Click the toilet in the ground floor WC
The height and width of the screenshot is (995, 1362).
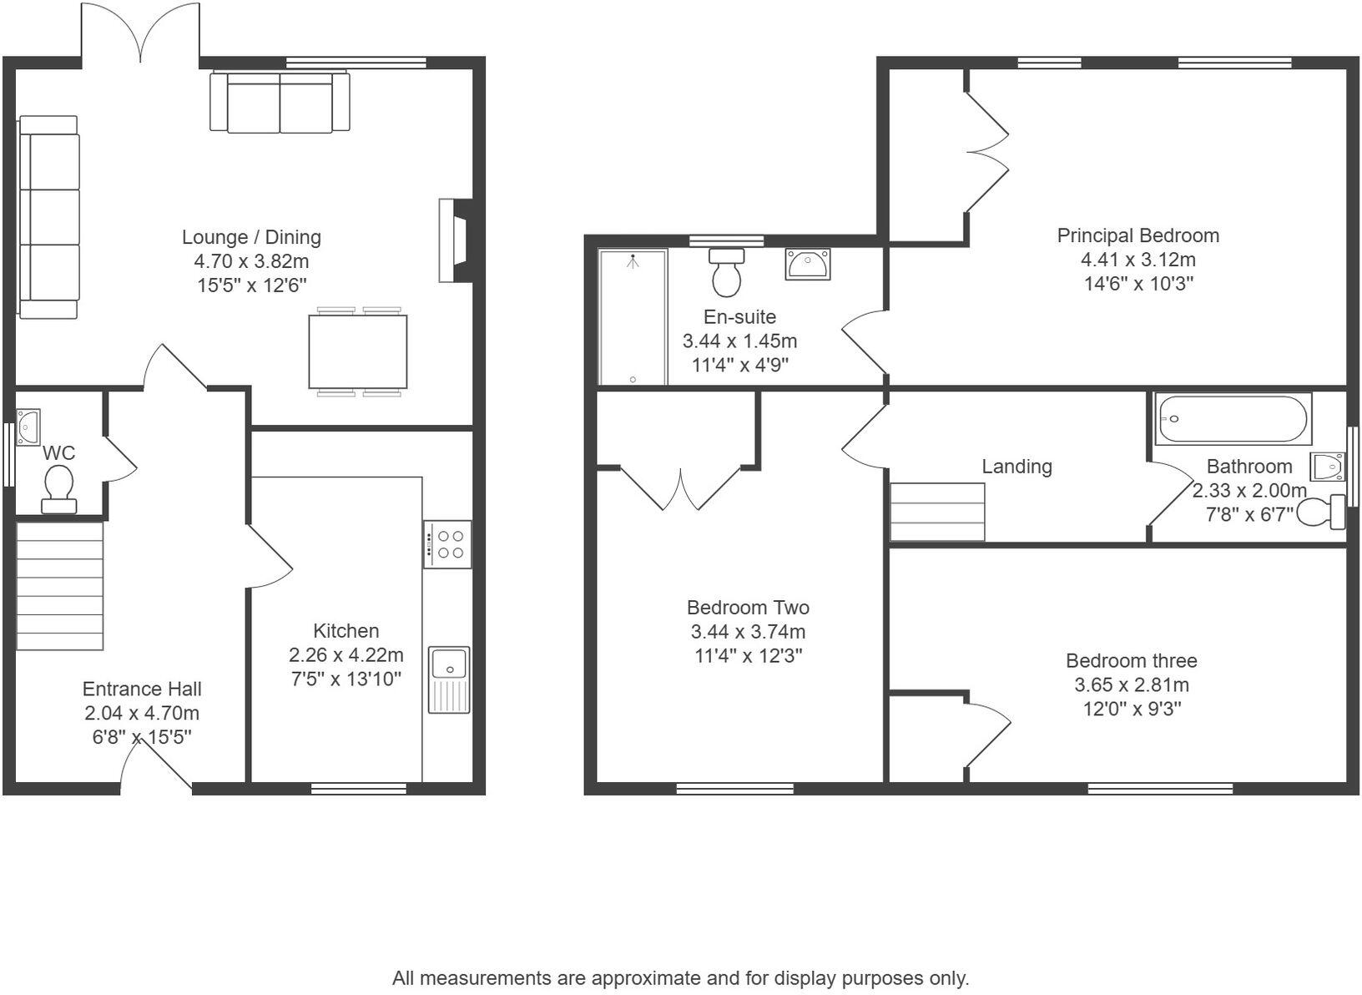pos(59,488)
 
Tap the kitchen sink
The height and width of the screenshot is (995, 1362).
pos(449,679)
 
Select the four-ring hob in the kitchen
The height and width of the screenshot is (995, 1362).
pos(447,544)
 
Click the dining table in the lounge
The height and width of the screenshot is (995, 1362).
pos(358,351)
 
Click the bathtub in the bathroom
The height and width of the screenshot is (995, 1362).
pos(1233,419)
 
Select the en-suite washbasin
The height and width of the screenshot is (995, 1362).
pos(807,264)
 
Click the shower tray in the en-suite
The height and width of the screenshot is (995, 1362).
pos(633,318)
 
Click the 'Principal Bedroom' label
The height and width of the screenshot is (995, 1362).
pos(1138,236)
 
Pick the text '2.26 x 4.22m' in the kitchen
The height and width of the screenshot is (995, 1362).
pos(346,654)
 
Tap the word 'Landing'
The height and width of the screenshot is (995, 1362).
pos(1016,467)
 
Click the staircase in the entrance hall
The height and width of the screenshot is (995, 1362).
pos(60,584)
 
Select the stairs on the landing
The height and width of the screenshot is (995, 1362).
pos(937,512)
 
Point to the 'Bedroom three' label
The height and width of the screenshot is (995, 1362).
pos(1131,661)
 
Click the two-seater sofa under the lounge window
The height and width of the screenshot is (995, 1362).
pos(280,102)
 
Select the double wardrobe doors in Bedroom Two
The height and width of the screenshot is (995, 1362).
pos(681,489)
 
